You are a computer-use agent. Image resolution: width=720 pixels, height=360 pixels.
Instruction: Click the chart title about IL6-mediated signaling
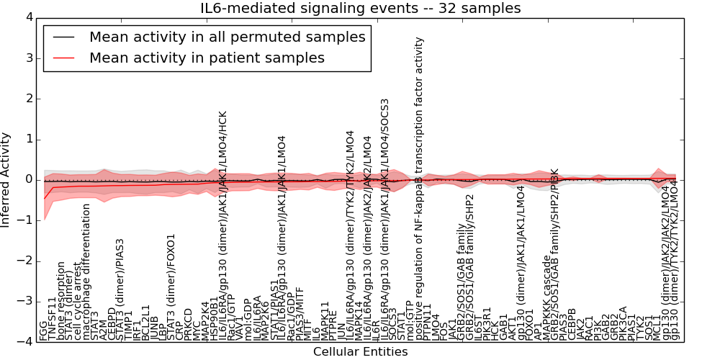[360, 9]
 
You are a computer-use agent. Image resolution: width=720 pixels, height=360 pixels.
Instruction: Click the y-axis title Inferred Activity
[6, 179]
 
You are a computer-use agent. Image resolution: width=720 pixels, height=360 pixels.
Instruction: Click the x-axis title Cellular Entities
[360, 352]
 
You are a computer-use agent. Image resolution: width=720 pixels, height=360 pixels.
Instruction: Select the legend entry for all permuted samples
[227, 37]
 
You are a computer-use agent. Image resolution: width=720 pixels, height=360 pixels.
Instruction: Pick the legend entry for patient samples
[207, 58]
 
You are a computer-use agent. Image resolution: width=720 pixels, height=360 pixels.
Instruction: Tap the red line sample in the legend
[63, 58]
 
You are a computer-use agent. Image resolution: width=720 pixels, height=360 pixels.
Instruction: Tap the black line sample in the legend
[63, 37]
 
